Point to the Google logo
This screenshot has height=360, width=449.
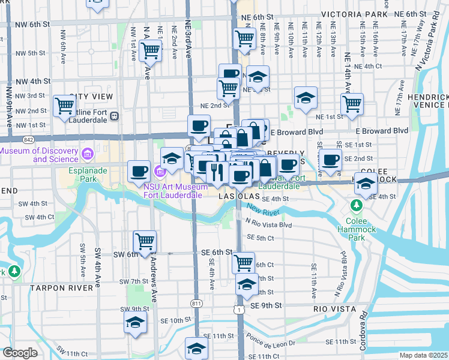(x=20, y=353)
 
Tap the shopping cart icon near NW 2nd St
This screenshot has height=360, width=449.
(x=64, y=106)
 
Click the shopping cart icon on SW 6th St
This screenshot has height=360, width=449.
(x=145, y=241)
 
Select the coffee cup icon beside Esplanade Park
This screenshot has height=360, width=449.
(x=139, y=171)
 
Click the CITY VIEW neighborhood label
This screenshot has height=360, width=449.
(x=91, y=97)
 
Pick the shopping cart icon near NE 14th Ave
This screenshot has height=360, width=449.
(x=352, y=103)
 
